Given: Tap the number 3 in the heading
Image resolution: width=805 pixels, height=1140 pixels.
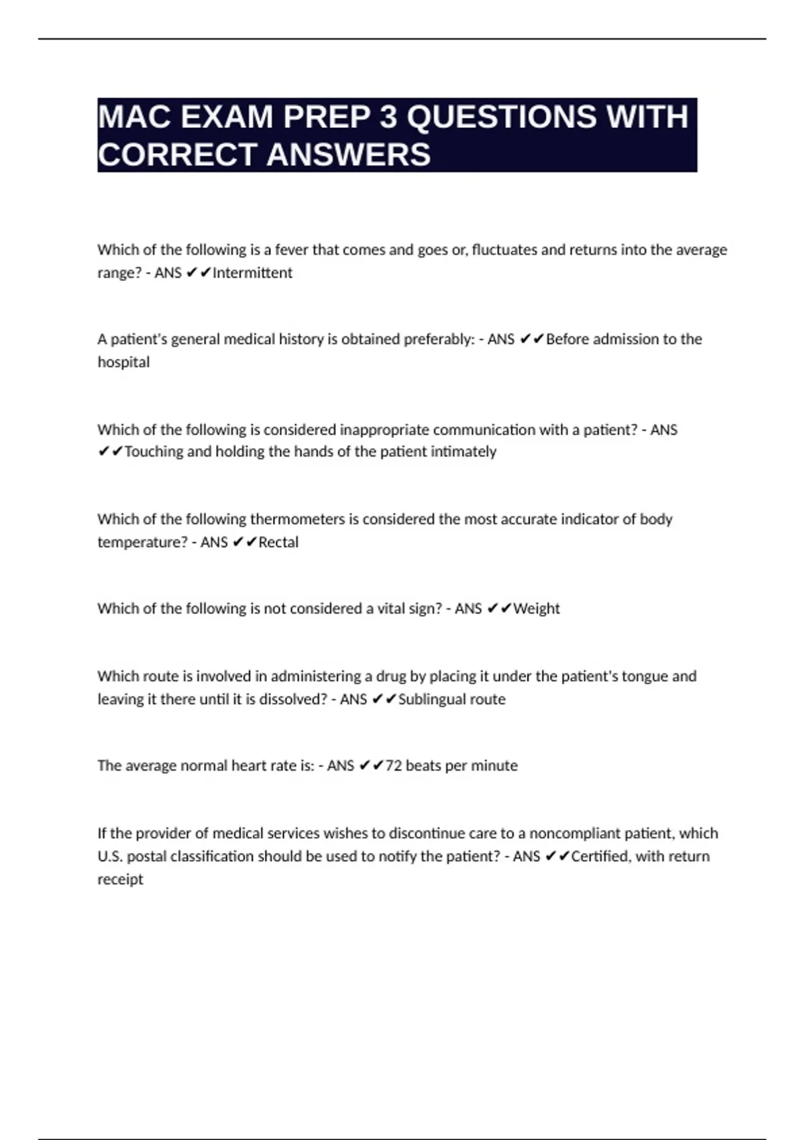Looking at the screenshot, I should [x=388, y=117].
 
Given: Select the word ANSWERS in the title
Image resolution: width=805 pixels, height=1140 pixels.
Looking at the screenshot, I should [x=348, y=155].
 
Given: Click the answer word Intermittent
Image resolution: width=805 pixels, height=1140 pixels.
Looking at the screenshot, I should [x=252, y=273].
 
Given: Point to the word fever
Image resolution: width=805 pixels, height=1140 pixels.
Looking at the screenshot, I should [x=291, y=250].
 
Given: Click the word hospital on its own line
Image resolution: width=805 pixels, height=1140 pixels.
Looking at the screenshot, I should [x=123, y=362].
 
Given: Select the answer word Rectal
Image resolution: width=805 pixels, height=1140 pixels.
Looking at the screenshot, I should [x=278, y=542].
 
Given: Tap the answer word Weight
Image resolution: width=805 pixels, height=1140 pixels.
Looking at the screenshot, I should [x=537, y=609].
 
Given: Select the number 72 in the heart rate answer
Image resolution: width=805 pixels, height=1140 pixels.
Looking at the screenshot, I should [x=394, y=766].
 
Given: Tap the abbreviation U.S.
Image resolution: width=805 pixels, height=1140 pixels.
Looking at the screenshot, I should [x=110, y=856].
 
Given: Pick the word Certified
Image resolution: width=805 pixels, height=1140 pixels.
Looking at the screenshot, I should [x=600, y=856].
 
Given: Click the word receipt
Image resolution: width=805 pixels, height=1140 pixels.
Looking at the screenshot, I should [x=121, y=879].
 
